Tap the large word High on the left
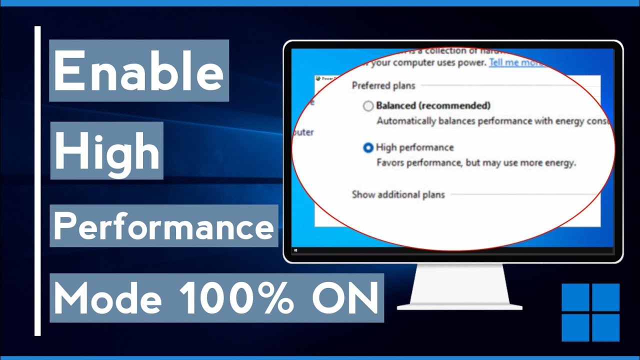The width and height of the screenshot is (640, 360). (x=107, y=150)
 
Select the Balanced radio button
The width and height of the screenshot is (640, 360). (x=368, y=106)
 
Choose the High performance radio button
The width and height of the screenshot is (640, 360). (x=368, y=148)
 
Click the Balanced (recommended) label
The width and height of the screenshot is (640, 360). (x=433, y=105)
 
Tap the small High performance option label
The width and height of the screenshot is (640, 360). (x=414, y=147)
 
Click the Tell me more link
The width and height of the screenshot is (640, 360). (x=515, y=63)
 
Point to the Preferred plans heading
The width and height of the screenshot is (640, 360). (x=383, y=85)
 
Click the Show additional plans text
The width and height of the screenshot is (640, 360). (x=398, y=194)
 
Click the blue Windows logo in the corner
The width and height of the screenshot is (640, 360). (x=590, y=312)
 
